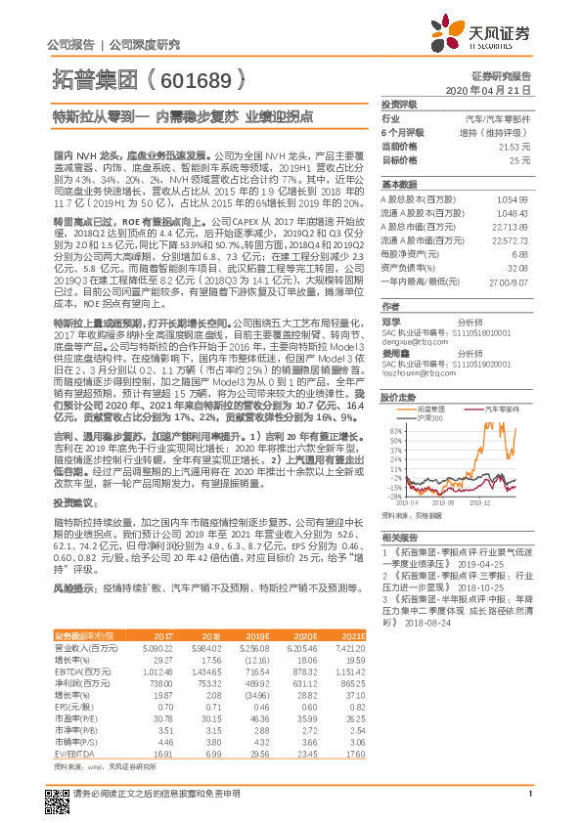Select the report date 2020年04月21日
pyautogui.click(x=488, y=89)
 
